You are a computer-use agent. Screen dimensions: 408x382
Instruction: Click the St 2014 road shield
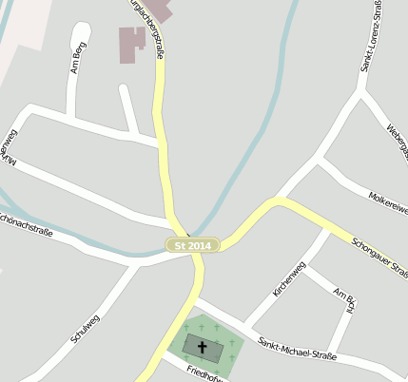pos(193,245)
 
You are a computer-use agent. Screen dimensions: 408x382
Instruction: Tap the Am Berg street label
pos(79,58)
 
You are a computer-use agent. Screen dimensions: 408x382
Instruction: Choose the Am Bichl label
pos(345,305)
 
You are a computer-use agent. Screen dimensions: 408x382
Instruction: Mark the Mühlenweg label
pos(9,147)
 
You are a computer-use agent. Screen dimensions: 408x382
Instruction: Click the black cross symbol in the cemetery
pos(202,348)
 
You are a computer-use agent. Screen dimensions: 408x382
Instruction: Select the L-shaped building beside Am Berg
pos(131,44)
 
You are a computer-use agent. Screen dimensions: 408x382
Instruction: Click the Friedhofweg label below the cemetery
pos(204,372)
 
